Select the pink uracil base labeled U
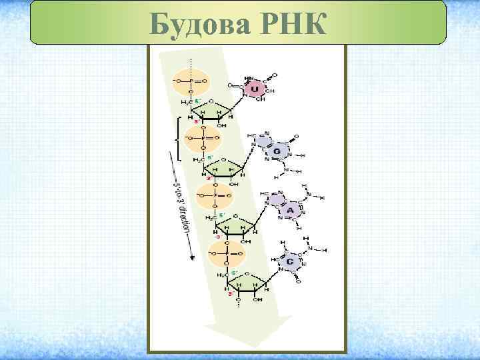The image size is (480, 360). pos(254,88)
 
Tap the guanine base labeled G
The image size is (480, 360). pos(275,151)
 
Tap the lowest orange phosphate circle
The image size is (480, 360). pos(226,253)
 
